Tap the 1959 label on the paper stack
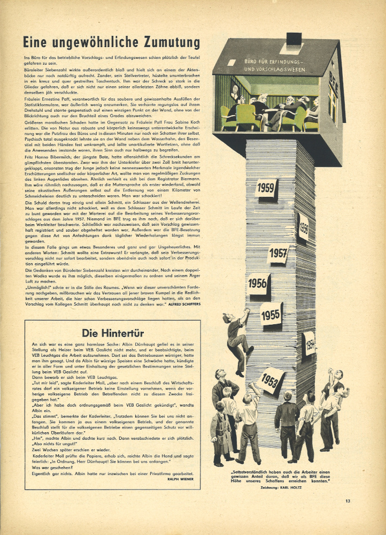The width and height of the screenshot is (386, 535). click(x=266, y=188)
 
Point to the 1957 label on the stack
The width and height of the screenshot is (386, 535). click(x=277, y=253)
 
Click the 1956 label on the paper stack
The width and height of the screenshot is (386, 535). click(x=258, y=283)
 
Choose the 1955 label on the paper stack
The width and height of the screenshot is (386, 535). click(x=271, y=314)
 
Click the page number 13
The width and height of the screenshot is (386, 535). click(x=348, y=501)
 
